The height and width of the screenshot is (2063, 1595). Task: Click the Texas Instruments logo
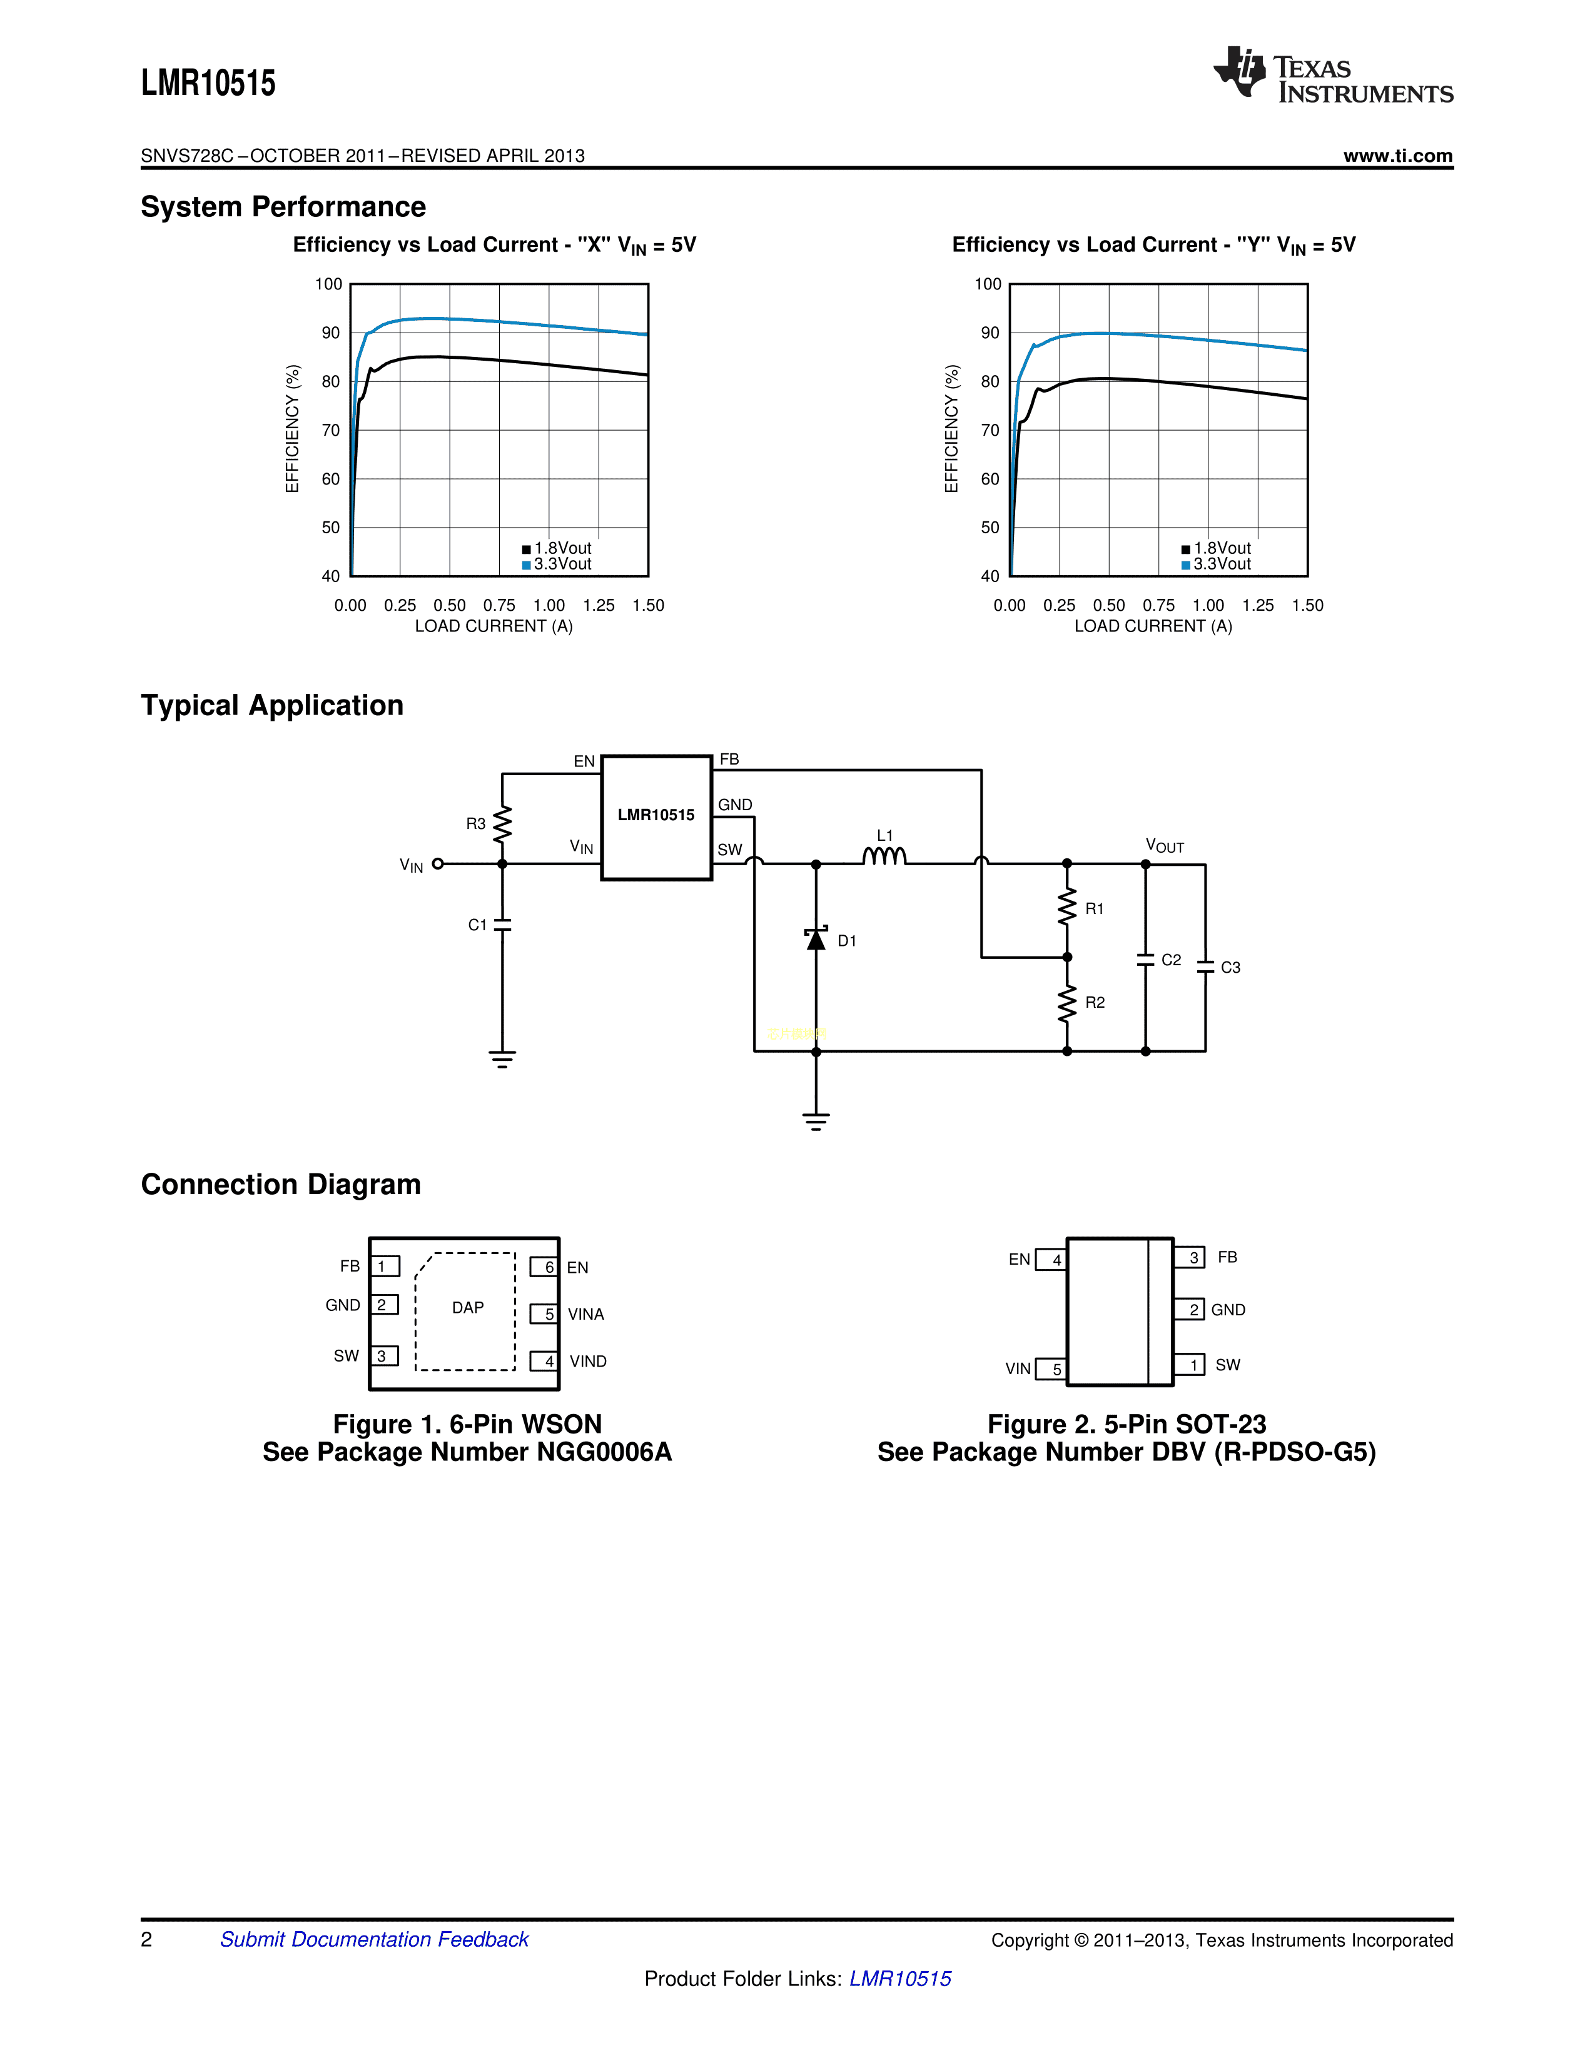coord(1332,74)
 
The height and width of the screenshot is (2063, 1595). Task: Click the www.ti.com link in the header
coord(1397,156)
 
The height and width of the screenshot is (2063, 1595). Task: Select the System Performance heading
coord(283,207)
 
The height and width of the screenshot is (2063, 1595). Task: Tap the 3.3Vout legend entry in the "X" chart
coord(557,564)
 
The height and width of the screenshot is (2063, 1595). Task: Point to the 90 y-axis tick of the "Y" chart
coord(990,333)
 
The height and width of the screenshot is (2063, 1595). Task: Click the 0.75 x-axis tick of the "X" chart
coord(499,606)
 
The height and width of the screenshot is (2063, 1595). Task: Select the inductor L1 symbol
coord(884,856)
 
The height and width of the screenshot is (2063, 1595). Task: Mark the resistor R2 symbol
coord(1067,1003)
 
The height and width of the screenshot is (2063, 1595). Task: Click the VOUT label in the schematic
coord(1164,845)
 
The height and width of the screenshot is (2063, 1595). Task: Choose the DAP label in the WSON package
coord(468,1307)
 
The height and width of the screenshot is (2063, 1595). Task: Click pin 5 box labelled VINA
coord(544,1314)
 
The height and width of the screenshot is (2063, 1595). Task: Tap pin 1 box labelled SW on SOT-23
coord(1190,1365)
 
